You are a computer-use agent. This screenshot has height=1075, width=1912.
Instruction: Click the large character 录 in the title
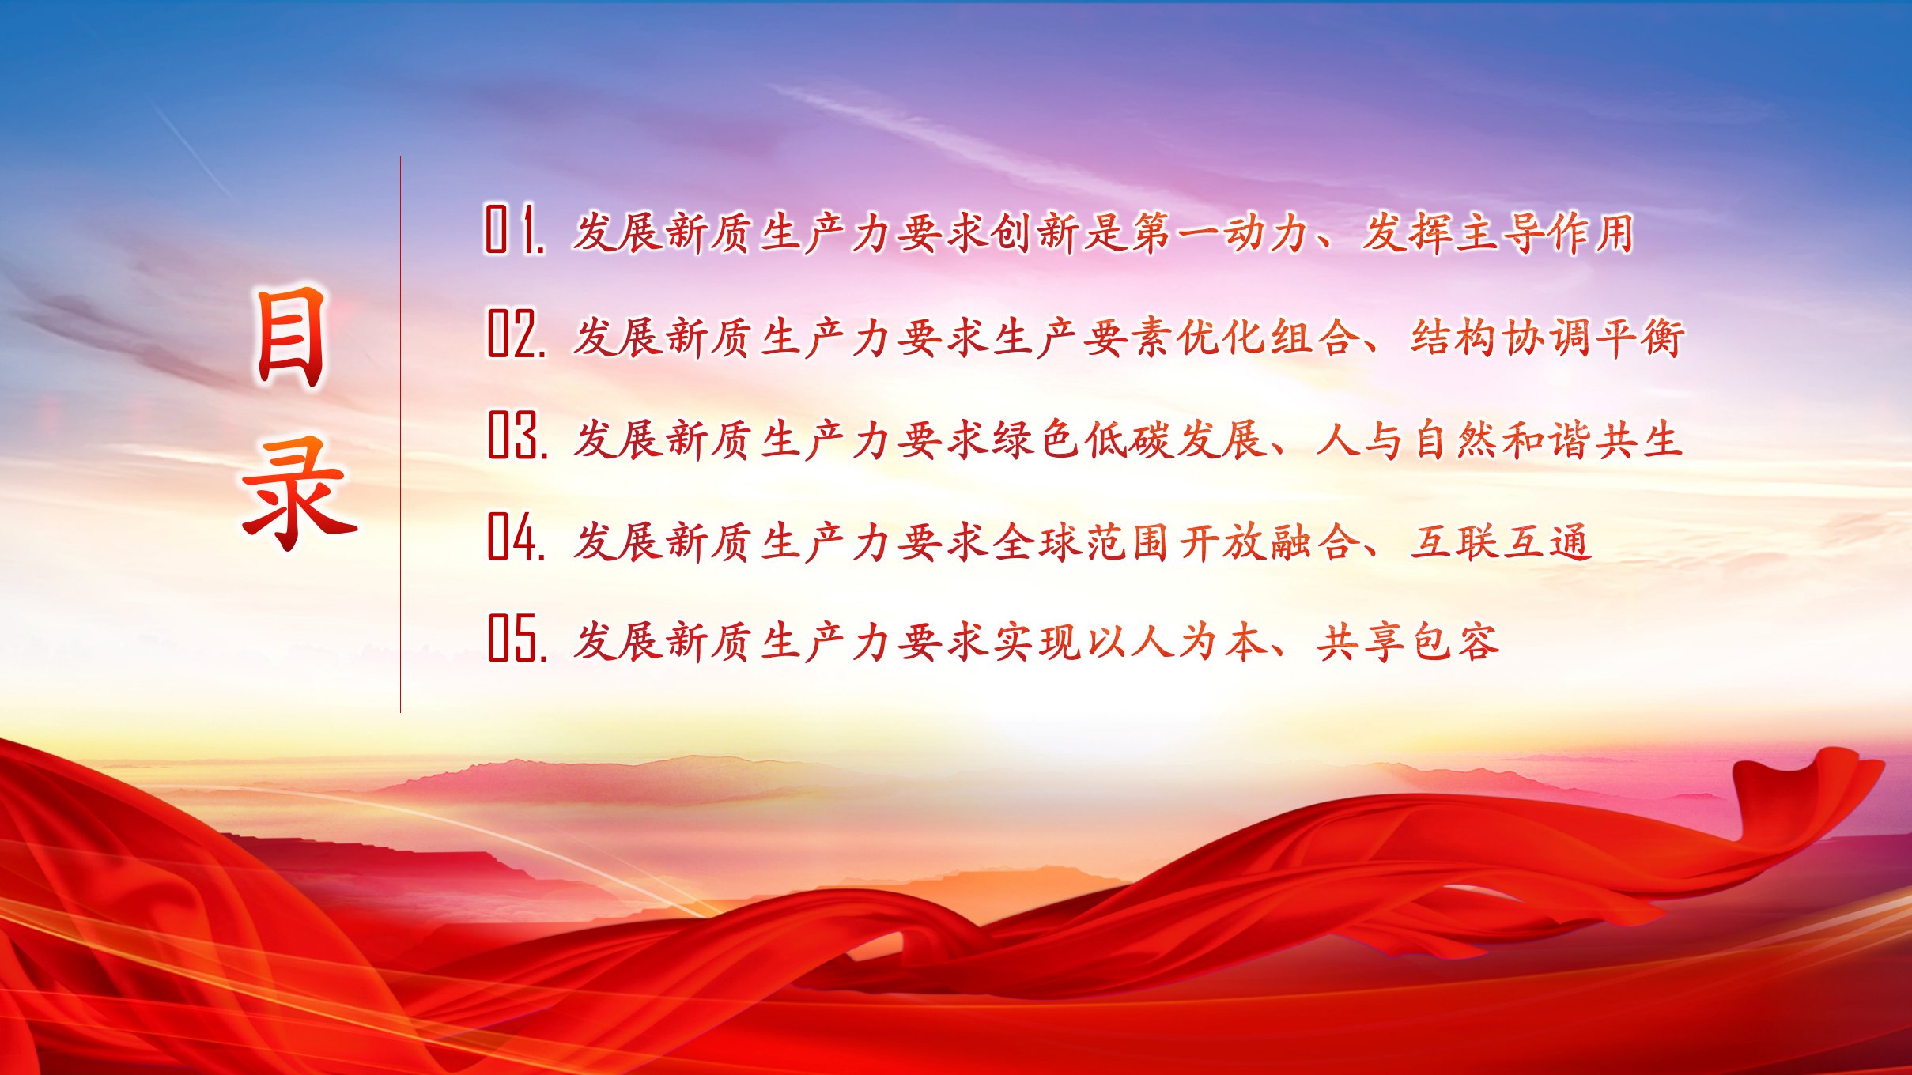(x=299, y=493)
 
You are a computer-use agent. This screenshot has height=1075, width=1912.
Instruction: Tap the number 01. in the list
(x=515, y=230)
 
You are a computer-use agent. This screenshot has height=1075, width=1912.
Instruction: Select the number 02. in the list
(x=516, y=334)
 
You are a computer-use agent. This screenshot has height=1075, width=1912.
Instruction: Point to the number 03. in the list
(x=517, y=435)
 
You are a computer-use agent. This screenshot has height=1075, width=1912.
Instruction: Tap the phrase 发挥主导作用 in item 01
(x=1497, y=233)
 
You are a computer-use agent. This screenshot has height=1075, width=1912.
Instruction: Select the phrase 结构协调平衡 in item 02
(x=1548, y=338)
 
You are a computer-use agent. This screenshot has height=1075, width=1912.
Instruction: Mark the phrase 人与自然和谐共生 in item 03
(x=1498, y=439)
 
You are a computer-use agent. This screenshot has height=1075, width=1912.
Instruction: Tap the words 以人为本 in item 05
(x=1176, y=641)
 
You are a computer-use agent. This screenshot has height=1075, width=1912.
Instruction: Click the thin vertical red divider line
(x=400, y=434)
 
